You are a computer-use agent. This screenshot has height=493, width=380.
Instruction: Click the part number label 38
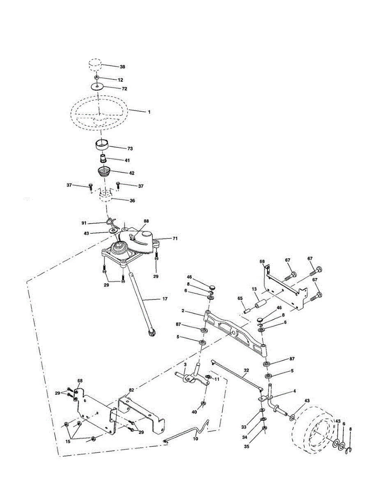(122, 67)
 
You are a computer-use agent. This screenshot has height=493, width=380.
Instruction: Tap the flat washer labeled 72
(97, 87)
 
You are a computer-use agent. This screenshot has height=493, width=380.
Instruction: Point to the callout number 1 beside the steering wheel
(149, 112)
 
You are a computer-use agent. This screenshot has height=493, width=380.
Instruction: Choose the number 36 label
(132, 200)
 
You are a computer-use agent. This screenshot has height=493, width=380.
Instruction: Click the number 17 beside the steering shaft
(165, 299)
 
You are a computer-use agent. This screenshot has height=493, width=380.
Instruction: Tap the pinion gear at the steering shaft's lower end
(151, 333)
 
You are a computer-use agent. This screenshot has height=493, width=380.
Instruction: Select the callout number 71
(175, 238)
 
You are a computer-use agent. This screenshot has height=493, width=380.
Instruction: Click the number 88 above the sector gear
(146, 221)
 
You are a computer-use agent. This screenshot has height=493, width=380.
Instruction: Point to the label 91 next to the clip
(84, 223)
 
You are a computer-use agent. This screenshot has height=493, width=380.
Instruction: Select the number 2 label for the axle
(183, 311)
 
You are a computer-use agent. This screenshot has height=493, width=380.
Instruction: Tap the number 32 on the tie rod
(246, 370)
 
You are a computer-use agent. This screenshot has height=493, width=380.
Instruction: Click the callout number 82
(131, 390)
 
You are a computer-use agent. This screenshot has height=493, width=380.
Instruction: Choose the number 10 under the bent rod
(195, 439)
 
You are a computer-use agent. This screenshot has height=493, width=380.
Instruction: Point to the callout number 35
(246, 446)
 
